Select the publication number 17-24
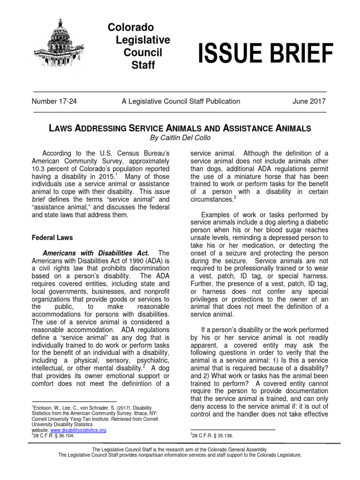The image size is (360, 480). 53,101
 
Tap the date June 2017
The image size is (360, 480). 307,101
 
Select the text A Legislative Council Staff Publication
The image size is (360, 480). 180,101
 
